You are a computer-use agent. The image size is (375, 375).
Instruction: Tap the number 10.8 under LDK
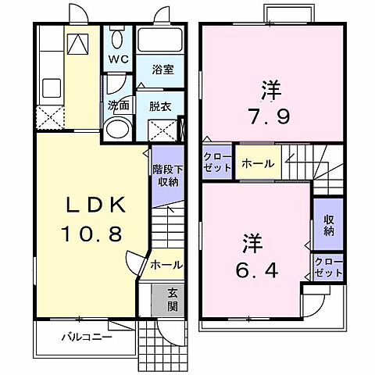tap(91, 233)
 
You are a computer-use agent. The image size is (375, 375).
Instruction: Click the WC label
tap(118, 59)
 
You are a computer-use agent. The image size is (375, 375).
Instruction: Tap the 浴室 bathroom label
tap(162, 70)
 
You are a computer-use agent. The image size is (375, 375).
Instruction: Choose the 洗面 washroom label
tap(119, 105)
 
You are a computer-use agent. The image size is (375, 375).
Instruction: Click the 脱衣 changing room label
tap(160, 105)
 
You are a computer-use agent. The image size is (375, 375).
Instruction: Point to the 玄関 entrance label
tap(172, 300)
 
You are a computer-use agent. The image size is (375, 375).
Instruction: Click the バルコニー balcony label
tap(87, 338)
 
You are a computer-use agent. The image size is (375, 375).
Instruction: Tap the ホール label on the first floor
tap(166, 265)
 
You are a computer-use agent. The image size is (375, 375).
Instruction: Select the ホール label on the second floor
tap(256, 163)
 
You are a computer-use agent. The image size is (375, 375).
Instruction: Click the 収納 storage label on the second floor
tap(327, 223)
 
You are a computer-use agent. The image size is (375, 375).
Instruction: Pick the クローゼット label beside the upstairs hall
tap(216, 162)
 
